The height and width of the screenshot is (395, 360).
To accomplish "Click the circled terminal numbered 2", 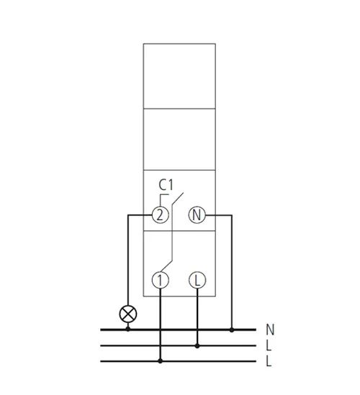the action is click(160, 215).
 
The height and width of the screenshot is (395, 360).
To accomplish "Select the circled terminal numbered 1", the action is click(160, 280).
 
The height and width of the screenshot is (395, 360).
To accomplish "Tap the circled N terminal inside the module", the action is click(197, 215).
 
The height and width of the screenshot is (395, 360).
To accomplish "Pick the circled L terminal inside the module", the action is click(197, 280).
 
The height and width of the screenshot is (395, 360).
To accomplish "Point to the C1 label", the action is click(166, 185).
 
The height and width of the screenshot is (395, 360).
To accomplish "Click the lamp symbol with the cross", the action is click(128, 314).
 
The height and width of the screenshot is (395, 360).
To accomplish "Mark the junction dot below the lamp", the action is click(128, 329).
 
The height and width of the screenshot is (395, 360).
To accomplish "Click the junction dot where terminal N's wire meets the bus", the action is click(232, 330).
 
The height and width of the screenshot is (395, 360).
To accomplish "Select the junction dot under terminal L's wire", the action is click(197, 346).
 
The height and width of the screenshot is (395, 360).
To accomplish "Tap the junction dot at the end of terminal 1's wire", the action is click(160, 361).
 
